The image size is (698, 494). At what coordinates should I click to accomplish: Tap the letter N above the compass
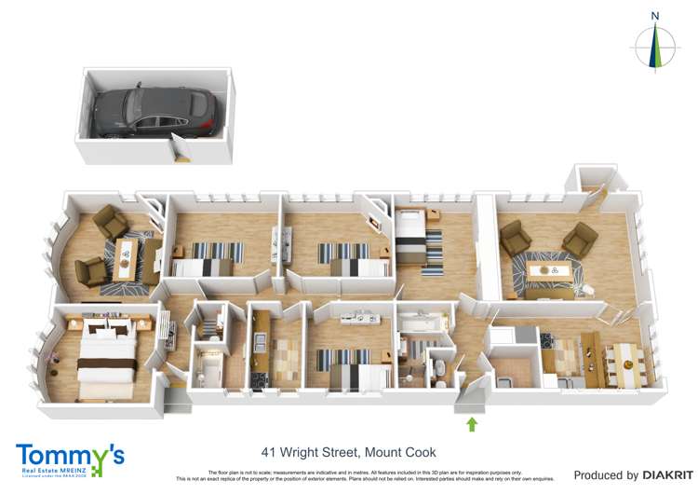coord(654,16)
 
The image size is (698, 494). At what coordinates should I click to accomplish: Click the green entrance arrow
coord(471,425)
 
